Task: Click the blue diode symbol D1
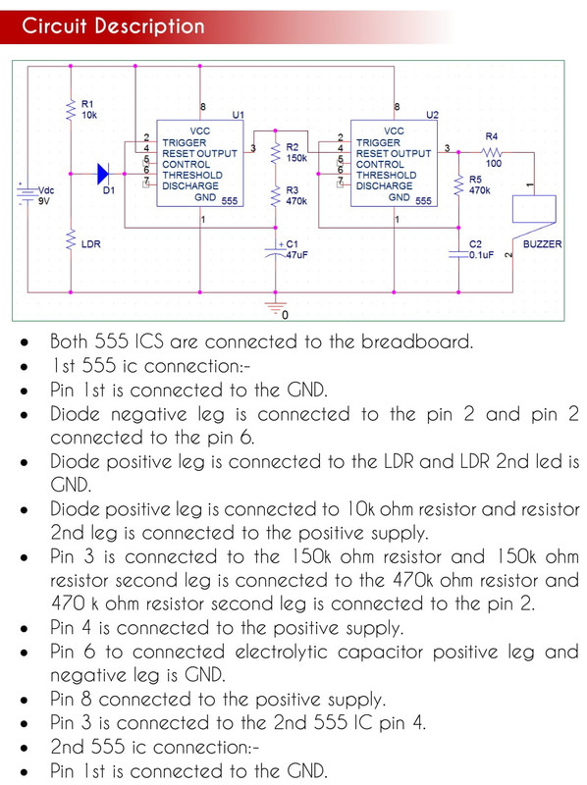[103, 175]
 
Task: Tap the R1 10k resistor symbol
[71, 109]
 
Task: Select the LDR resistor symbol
[71, 238]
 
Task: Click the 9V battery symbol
[26, 193]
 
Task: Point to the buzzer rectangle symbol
[534, 209]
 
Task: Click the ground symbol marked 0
[275, 307]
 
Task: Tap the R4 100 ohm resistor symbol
[492, 152]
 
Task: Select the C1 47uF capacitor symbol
[275, 251]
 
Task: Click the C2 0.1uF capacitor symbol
[458, 254]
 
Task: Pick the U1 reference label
[238, 115]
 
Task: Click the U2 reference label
[432, 115]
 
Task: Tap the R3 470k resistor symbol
[275, 195]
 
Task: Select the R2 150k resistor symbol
[275, 152]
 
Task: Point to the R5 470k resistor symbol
[458, 184]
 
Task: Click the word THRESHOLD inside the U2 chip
[386, 176]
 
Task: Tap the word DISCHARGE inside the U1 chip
[190, 185]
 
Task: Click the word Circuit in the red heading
[55, 26]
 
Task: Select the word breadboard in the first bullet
[417, 341]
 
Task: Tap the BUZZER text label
[543, 243]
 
